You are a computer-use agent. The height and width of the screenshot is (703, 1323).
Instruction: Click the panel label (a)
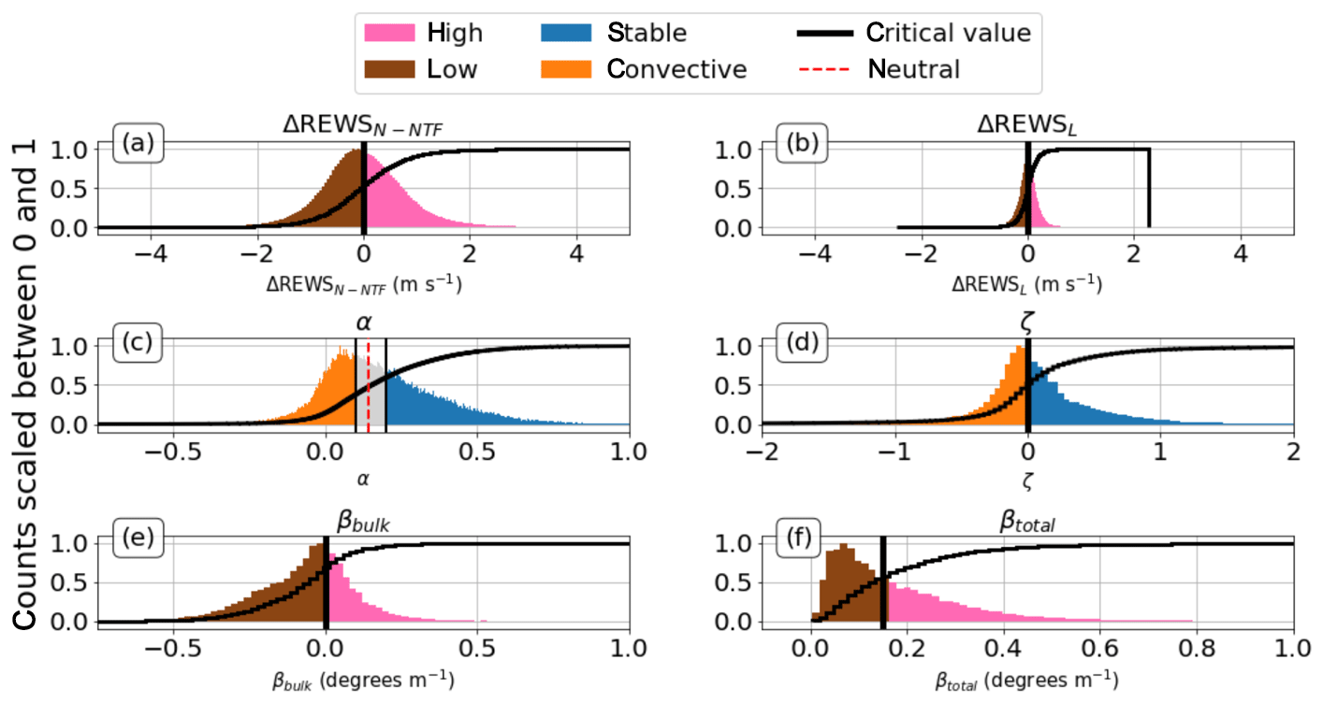(x=138, y=145)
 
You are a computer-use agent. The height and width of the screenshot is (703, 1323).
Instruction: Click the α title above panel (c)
(x=363, y=323)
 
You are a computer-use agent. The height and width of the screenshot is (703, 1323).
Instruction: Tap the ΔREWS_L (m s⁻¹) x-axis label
(x=1027, y=283)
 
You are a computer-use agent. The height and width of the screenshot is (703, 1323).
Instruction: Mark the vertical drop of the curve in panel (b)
(x=1148, y=187)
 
